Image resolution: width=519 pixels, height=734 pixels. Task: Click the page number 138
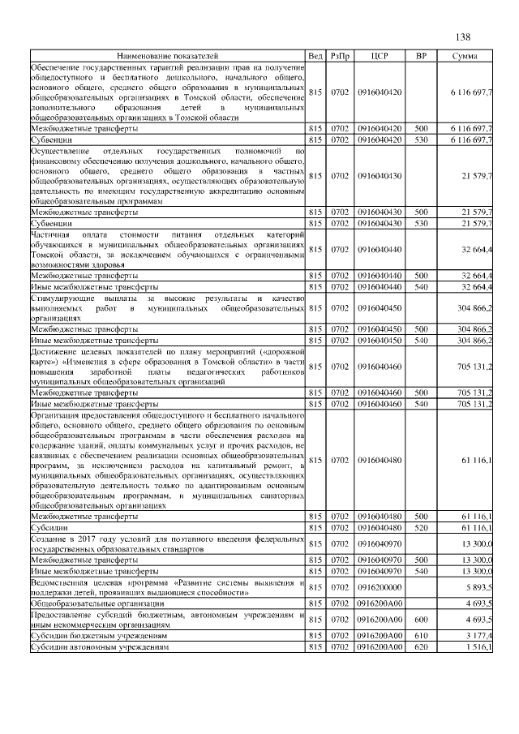[463, 37]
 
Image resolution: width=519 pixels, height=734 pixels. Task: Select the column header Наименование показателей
[167, 55]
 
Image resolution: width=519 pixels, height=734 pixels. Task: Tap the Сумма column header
[464, 55]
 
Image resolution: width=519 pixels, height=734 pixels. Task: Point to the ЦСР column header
[380, 55]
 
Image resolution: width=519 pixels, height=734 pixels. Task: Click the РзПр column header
[339, 55]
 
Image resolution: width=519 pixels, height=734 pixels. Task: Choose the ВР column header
[421, 55]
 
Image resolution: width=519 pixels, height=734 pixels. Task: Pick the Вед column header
[316, 55]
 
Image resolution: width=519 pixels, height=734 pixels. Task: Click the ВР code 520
[421, 527]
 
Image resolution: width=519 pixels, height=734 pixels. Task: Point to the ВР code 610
[421, 636]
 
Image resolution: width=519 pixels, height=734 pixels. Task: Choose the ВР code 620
[421, 647]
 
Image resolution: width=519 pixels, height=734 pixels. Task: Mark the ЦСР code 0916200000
[380, 587]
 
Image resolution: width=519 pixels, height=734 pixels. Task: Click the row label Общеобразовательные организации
[97, 603]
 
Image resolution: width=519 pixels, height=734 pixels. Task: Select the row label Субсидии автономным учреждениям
[99, 647]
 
